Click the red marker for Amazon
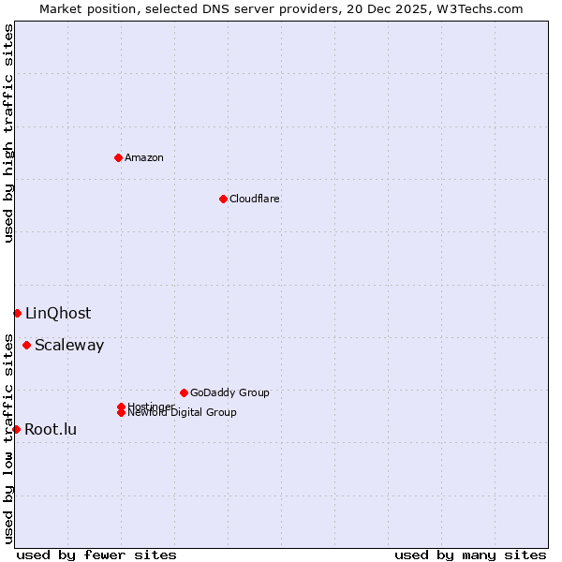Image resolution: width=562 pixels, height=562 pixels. (x=118, y=157)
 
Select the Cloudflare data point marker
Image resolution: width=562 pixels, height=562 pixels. (x=223, y=199)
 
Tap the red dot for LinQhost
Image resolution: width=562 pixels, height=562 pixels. (x=17, y=313)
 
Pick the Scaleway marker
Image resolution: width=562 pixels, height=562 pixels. (x=26, y=345)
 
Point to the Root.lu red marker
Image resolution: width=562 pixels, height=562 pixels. (x=16, y=429)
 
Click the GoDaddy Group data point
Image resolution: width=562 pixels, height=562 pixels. (x=184, y=392)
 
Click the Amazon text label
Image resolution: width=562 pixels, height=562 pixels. (x=144, y=157)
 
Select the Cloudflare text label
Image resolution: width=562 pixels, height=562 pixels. (x=255, y=199)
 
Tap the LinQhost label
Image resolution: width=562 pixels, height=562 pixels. (x=58, y=314)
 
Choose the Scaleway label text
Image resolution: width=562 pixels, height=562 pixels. (x=69, y=346)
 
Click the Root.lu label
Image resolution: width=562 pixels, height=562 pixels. (x=51, y=430)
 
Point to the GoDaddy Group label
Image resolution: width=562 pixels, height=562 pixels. (x=229, y=392)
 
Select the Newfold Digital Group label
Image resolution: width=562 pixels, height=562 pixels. (x=183, y=413)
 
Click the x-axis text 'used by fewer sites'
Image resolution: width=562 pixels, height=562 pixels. (x=96, y=555)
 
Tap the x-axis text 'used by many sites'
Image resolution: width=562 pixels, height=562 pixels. (x=470, y=555)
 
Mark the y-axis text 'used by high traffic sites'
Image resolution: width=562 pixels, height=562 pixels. (x=8, y=133)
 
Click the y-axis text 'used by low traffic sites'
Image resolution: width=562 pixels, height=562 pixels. (x=8, y=438)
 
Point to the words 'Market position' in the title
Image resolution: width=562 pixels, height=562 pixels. (x=84, y=8)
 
